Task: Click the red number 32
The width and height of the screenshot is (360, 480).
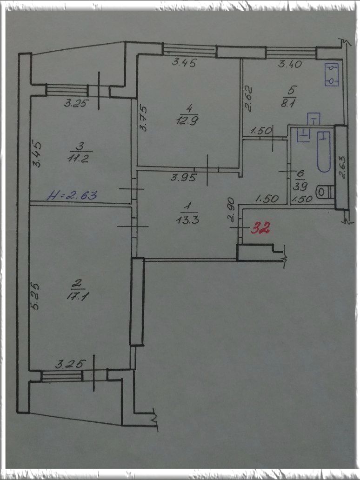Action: [260, 228]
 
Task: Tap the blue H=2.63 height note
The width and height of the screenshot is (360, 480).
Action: [72, 195]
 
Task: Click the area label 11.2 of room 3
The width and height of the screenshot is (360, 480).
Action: [79, 158]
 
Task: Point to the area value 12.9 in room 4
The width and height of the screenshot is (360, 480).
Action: [187, 120]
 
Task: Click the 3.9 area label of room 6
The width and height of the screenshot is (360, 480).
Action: [300, 186]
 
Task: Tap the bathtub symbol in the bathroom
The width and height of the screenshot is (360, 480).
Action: [324, 152]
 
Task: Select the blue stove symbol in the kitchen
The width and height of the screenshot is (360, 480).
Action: [332, 75]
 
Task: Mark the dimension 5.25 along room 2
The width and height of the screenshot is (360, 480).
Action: [35, 296]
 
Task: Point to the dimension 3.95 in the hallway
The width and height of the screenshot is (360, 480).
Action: [183, 177]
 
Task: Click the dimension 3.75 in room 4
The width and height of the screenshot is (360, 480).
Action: [143, 119]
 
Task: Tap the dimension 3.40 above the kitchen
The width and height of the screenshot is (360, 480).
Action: [290, 64]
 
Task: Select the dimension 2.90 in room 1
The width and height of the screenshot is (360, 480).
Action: [232, 209]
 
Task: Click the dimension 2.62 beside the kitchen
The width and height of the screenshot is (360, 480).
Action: [249, 98]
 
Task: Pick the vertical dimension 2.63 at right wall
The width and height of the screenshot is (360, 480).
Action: [342, 167]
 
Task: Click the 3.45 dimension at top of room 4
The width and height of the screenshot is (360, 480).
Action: [184, 62]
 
